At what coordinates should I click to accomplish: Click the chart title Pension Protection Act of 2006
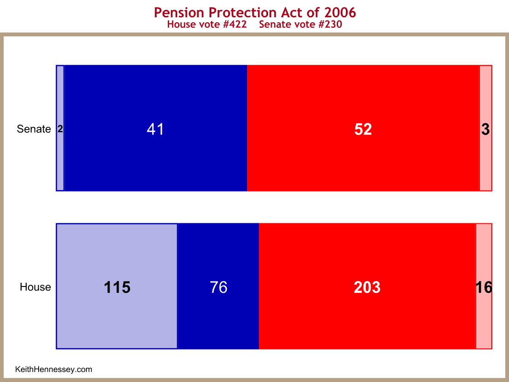pos(255,13)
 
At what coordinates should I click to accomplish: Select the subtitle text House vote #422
pos(207,25)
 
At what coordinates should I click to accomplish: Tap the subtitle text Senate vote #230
pos(300,25)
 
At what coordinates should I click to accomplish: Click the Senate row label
pos(34,129)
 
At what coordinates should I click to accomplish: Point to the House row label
pos(35,287)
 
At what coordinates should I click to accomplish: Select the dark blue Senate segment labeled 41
pos(156,128)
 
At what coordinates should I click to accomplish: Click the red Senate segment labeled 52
pos(363,128)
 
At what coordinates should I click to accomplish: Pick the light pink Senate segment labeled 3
pos(486,128)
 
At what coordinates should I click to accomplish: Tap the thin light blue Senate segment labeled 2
pos(60,128)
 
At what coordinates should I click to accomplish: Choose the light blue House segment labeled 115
pos(117,286)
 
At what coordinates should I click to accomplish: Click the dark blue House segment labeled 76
pos(219,286)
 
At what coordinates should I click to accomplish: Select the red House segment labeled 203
pos(367,286)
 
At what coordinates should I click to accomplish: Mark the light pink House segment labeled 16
pos(484,286)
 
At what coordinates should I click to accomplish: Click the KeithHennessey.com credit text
pos(54,369)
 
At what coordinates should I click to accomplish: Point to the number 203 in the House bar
pos(367,287)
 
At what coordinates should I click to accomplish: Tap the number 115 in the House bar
pos(117,287)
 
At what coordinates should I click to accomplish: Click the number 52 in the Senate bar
pos(363,129)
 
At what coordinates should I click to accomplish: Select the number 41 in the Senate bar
pos(155,129)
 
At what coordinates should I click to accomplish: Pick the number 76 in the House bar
pos(219,287)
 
